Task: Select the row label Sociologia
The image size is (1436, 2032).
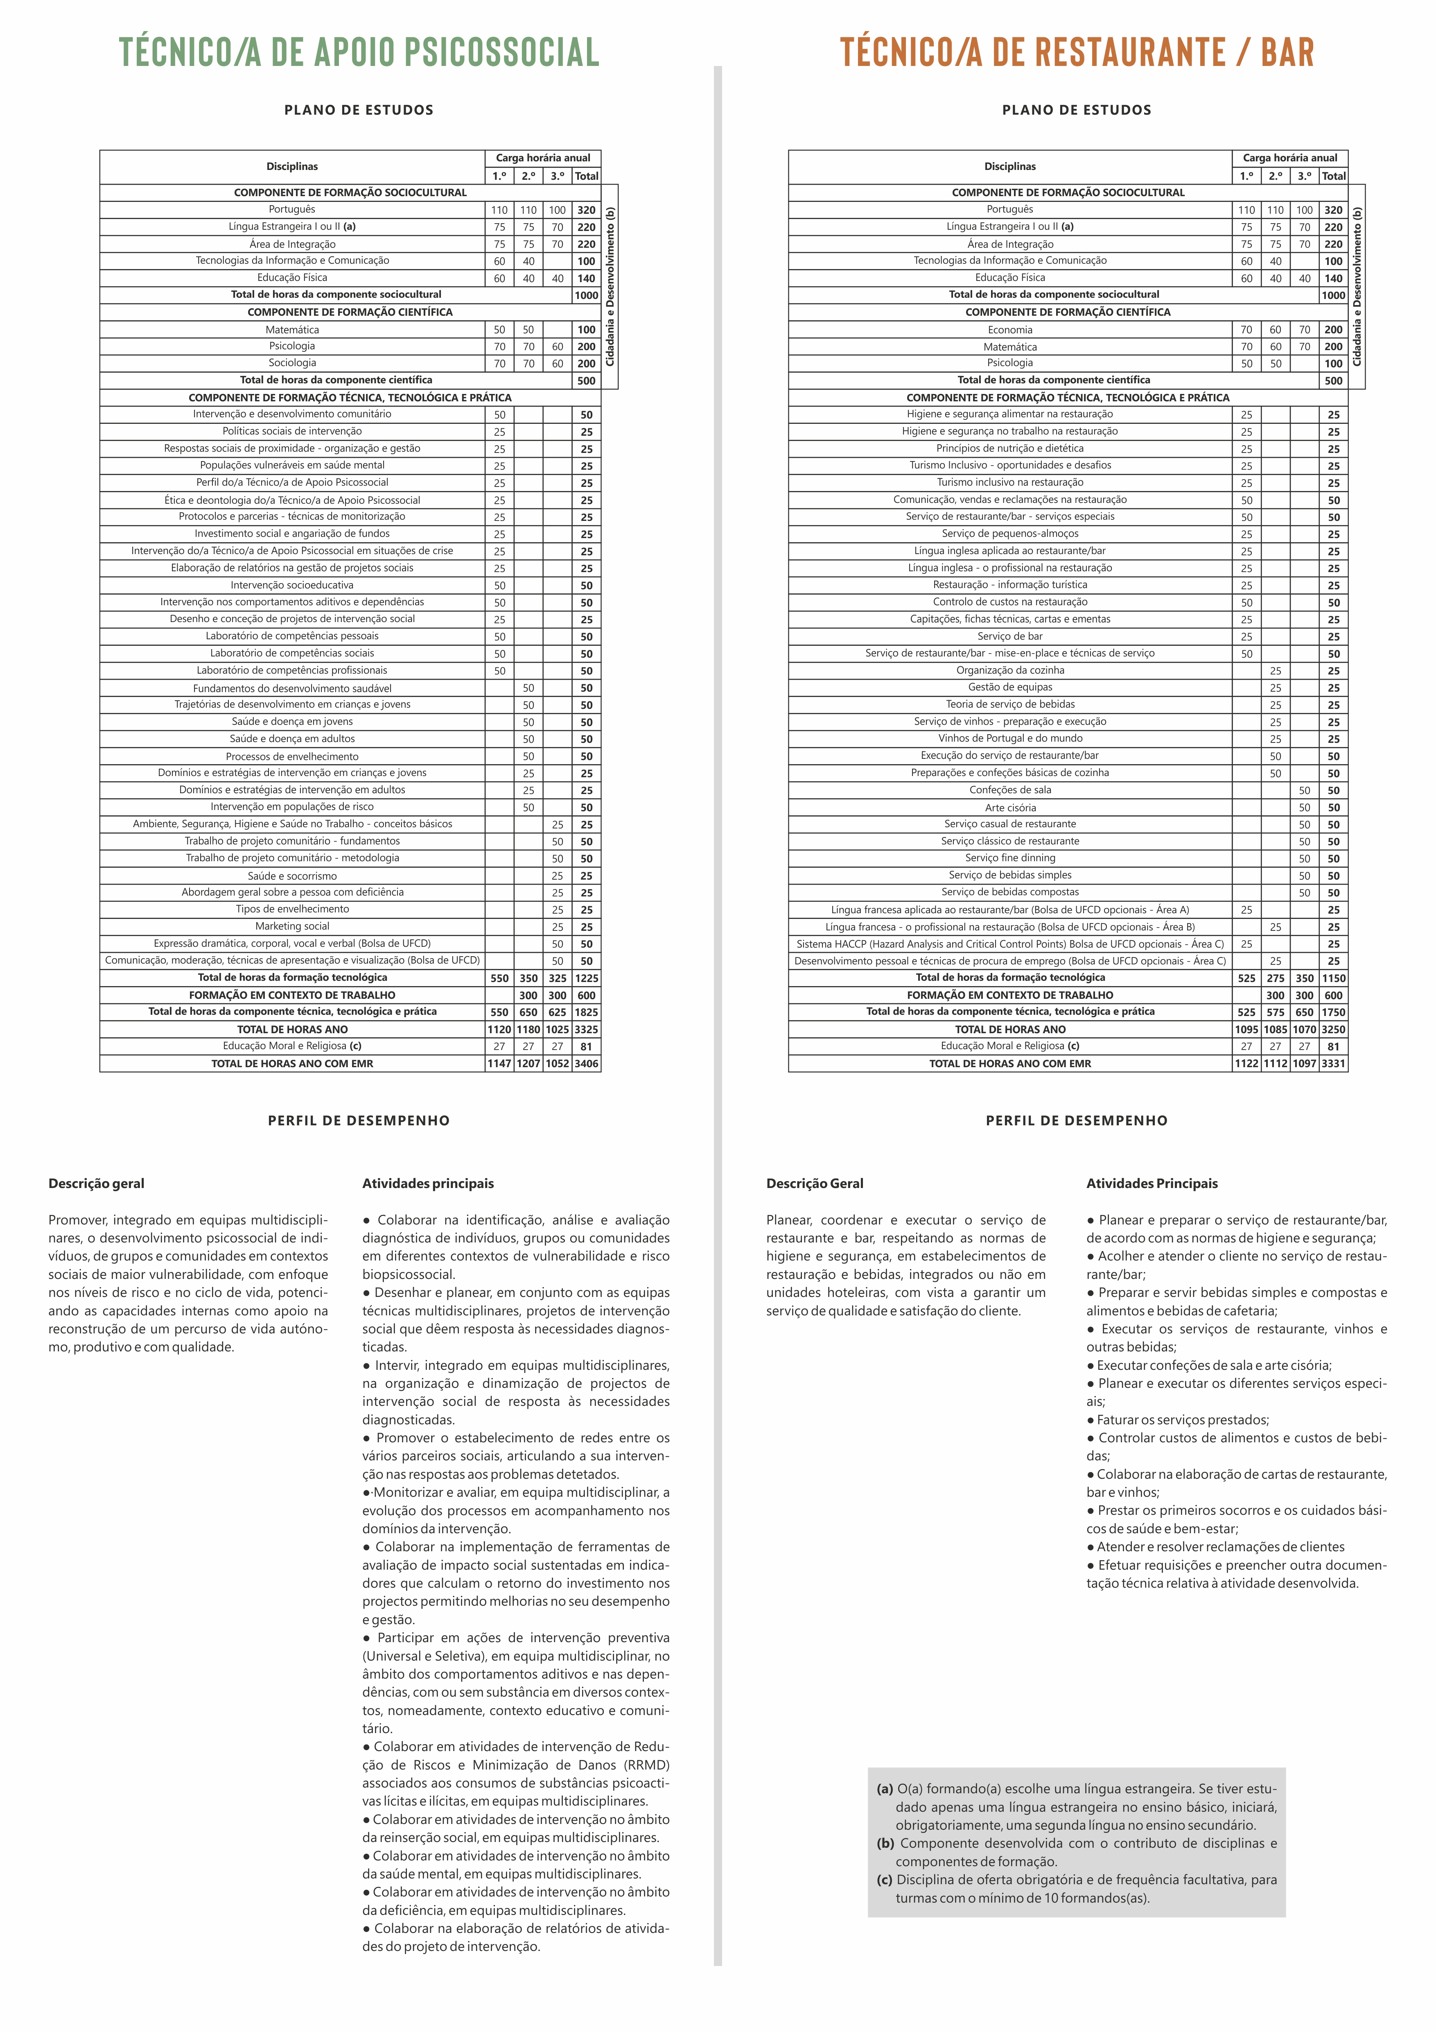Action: (x=292, y=363)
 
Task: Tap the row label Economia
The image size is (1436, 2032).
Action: (x=1009, y=329)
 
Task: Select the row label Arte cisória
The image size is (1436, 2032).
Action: (x=1009, y=807)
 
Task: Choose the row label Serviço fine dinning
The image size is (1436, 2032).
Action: (x=1009, y=858)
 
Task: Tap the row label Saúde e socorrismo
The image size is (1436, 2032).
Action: (x=292, y=875)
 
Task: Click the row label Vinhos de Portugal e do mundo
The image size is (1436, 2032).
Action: (x=1009, y=738)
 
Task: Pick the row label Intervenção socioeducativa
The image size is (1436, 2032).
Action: (x=292, y=585)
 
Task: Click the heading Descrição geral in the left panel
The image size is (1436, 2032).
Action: (x=97, y=1183)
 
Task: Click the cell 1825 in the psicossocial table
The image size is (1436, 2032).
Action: (x=586, y=1011)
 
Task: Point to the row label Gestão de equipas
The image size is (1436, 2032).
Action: (x=1009, y=687)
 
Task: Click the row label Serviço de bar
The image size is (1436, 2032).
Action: (x=1009, y=636)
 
